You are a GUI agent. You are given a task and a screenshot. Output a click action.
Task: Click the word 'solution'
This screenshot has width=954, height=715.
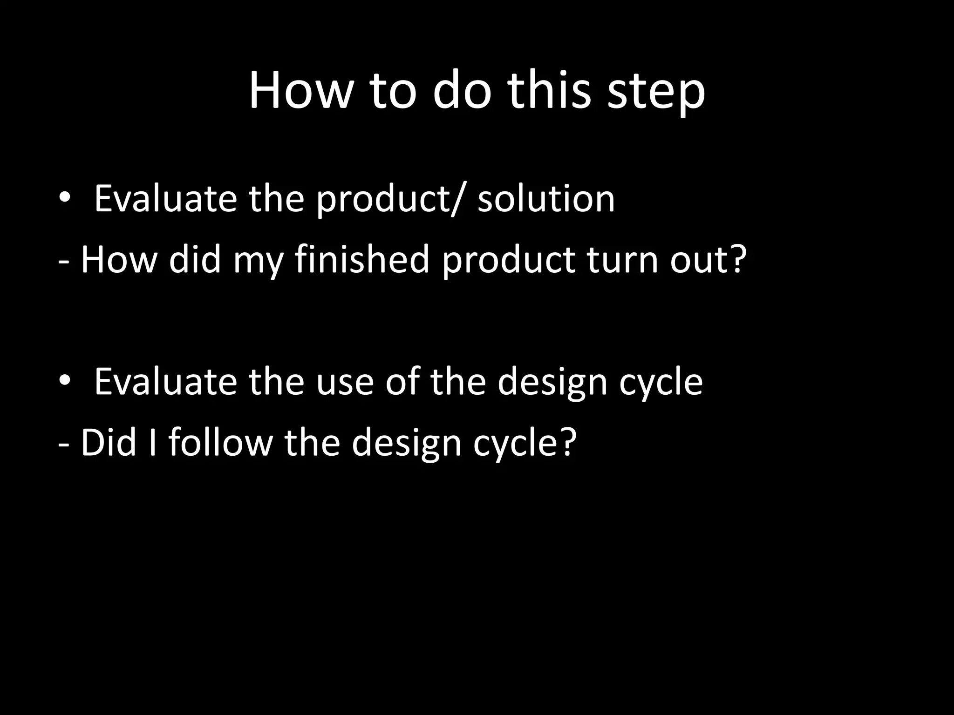coord(546,199)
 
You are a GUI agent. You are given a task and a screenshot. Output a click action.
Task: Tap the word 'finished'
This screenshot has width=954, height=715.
coord(362,259)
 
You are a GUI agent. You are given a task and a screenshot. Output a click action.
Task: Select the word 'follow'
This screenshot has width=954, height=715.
coord(220,442)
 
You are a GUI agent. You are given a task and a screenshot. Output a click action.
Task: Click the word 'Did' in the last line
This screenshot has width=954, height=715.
coord(108,442)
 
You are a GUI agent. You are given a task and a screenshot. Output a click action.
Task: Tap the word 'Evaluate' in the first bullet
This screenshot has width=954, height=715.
coord(165,199)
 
